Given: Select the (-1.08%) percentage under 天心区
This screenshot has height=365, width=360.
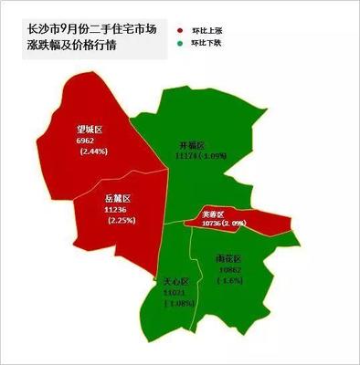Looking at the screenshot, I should coord(176,303).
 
